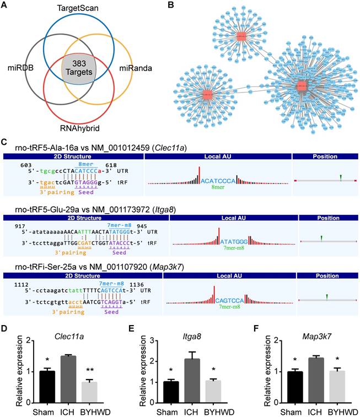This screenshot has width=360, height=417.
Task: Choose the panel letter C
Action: (x=4, y=142)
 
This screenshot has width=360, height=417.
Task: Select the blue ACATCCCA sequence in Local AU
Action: (x=221, y=181)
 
